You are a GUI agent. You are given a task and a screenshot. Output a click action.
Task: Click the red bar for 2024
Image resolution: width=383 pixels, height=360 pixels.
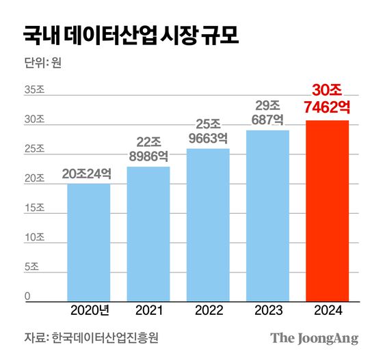[x=327, y=210]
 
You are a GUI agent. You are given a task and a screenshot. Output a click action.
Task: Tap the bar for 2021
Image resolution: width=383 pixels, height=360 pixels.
[x=148, y=233]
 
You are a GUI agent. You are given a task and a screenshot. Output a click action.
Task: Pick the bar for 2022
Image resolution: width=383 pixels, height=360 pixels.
[x=208, y=224]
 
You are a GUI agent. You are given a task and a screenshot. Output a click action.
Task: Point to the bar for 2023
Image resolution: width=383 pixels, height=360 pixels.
[x=267, y=215]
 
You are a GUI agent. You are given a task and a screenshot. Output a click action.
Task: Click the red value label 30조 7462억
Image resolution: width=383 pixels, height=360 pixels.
[x=327, y=98]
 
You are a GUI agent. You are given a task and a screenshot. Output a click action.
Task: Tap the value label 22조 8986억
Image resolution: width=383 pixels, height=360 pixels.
[x=148, y=148]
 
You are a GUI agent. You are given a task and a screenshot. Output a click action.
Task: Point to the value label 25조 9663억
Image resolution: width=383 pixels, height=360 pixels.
[x=208, y=130]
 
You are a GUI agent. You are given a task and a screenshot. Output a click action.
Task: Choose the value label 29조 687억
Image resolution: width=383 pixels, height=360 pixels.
[x=267, y=112]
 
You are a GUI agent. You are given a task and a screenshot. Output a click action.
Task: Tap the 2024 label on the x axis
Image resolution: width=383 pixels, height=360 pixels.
[x=327, y=311]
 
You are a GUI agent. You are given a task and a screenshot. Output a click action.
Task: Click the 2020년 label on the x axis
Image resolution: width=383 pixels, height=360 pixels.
[x=90, y=311]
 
